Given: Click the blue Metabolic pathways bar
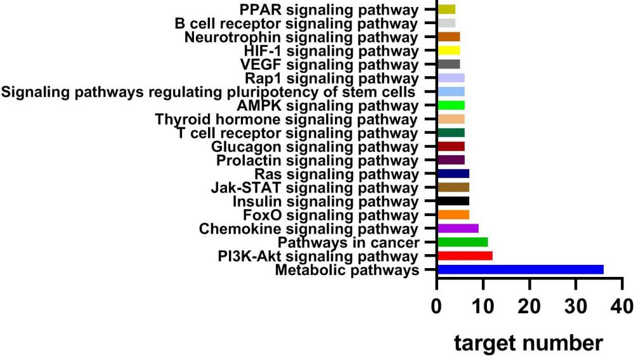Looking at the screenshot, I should coord(520,270).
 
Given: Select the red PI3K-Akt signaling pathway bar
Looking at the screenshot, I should coord(465,256).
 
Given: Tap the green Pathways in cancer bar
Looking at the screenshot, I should coord(462,242).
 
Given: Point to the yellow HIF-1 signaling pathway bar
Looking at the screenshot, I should coord(448,50).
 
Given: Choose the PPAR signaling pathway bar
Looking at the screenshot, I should coord(446,9).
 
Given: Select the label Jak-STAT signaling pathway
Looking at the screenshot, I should coord(315,188).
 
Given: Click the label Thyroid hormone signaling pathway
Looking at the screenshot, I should coord(287,119).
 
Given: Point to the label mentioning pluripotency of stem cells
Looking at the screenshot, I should coord(209,91).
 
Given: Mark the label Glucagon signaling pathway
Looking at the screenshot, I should coord(315,146).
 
